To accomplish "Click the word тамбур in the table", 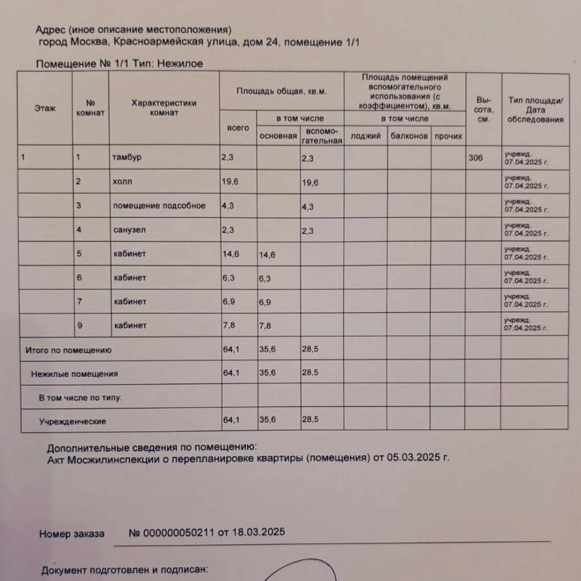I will coord(127,158).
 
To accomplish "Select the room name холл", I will coord(123,182).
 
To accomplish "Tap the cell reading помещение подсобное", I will coord(159,206).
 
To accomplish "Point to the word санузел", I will coord(130,230).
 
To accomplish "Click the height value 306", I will coord(476,158).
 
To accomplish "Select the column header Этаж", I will coord(45,108).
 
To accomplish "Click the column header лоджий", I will coord(365,136).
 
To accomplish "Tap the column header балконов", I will coord(409,136).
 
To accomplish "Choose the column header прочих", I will coord(448,136).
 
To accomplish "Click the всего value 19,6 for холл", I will coord(230,182).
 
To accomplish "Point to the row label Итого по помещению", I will coord(68,350).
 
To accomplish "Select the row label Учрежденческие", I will coord(72,422).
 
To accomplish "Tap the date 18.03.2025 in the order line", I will coord(258,533).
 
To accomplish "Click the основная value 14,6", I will coord(267,255).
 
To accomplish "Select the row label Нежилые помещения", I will coord(74,374).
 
